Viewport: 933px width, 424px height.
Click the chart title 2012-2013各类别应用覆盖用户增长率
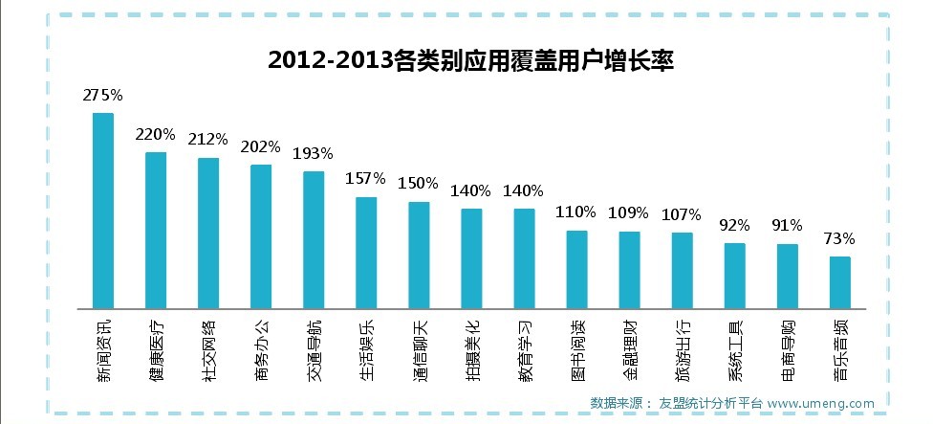click(470, 60)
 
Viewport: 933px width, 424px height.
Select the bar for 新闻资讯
click(103, 211)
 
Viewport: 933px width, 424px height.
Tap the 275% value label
click(103, 95)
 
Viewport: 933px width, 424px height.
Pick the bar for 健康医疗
click(156, 231)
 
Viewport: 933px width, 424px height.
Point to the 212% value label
click(207, 139)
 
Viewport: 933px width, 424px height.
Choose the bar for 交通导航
click(314, 240)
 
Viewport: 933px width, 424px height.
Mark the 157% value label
click(365, 178)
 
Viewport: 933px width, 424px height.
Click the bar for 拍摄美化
click(471, 259)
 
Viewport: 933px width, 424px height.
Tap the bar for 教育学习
click(524, 259)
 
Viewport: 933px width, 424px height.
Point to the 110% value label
click(576, 212)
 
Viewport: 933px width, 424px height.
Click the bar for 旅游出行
click(682, 271)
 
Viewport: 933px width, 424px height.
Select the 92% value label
click(735, 225)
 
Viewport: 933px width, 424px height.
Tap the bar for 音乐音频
click(840, 283)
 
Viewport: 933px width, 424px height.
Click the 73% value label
click(839, 238)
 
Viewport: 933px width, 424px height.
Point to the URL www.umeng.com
click(820, 403)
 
